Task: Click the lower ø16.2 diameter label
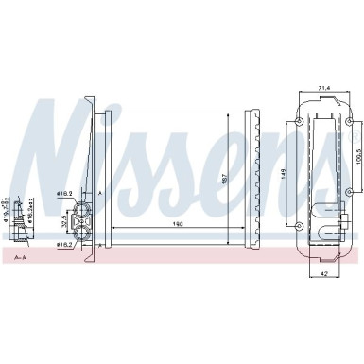tap(64, 245)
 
